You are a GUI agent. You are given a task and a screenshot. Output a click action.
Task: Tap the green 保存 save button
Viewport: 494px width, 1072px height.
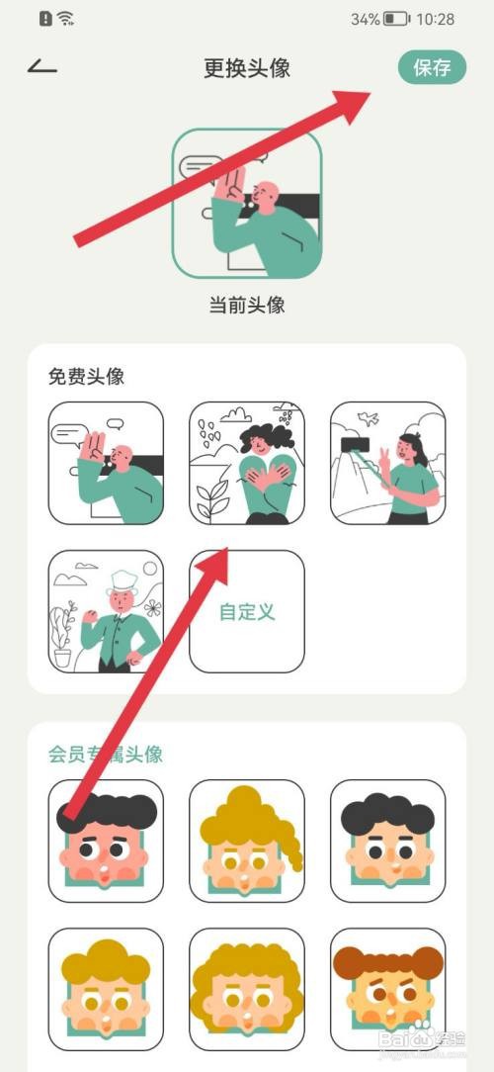click(432, 67)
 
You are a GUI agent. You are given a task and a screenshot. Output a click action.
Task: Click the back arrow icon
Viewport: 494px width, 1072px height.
click(42, 67)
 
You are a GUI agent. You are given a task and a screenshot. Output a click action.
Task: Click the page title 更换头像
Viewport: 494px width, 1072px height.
click(246, 68)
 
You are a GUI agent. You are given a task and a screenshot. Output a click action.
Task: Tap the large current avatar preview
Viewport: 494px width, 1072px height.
click(247, 205)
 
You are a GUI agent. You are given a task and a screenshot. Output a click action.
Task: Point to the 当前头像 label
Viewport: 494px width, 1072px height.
click(247, 305)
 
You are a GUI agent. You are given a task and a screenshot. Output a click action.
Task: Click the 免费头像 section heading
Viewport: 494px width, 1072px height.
click(85, 377)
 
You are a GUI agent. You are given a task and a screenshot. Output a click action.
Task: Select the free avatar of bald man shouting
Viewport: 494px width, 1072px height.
click(106, 463)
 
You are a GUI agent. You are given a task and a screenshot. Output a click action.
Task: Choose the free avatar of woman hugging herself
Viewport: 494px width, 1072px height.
click(247, 463)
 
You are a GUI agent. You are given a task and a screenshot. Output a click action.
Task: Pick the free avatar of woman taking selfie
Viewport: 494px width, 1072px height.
click(387, 463)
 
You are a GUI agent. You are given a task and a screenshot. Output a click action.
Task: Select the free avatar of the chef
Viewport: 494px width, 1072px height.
click(106, 611)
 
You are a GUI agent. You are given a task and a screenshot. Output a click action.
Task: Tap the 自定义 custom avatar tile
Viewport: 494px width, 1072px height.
click(247, 611)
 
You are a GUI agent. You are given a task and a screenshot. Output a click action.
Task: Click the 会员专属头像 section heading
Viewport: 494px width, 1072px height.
click(106, 755)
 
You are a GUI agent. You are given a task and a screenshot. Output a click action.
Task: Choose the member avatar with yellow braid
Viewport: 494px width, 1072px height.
click(247, 841)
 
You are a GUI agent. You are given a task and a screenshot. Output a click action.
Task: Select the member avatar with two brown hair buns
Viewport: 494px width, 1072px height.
click(387, 989)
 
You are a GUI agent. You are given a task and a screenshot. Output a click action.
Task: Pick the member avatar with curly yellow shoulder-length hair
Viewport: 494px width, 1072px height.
click(247, 989)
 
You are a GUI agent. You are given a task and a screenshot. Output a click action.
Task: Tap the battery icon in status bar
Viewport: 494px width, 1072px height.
click(397, 19)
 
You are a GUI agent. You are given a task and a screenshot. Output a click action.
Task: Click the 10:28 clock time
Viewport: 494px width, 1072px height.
click(437, 19)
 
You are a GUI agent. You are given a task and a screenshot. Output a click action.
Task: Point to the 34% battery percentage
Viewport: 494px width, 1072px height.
click(365, 19)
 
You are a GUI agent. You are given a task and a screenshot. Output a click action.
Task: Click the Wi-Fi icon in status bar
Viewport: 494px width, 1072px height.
click(66, 19)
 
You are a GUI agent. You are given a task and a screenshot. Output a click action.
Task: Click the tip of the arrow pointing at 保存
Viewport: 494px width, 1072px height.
click(370, 92)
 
